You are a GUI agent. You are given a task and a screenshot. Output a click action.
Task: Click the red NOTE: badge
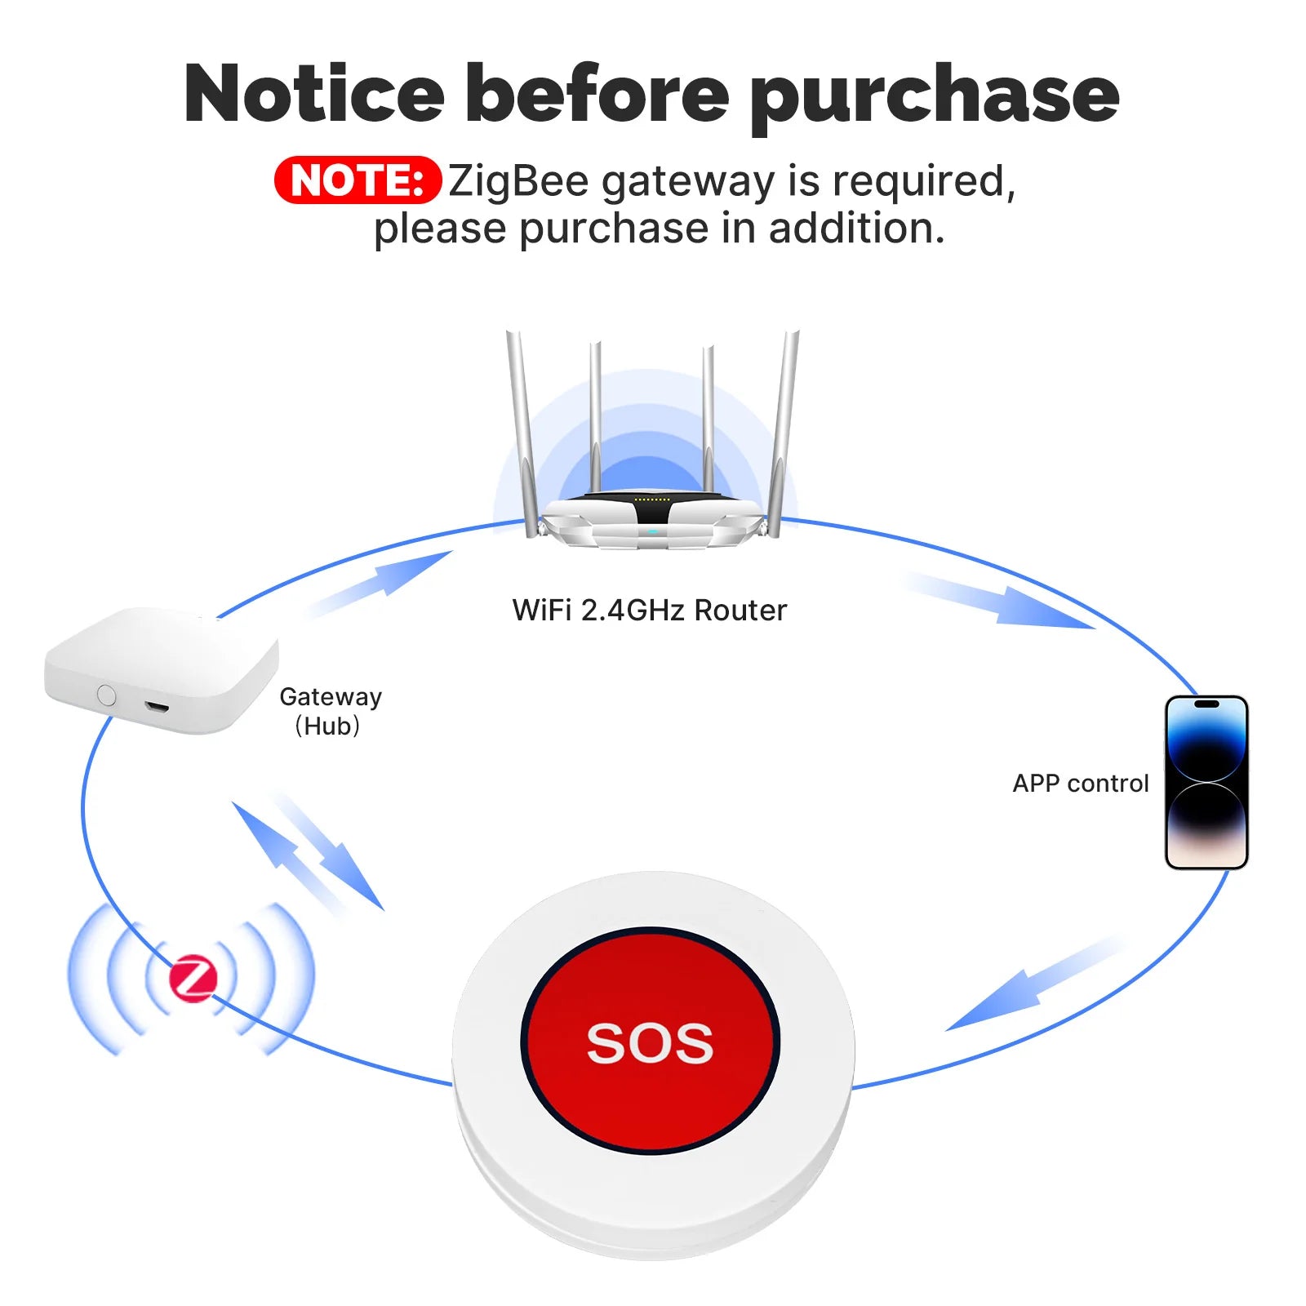tap(358, 180)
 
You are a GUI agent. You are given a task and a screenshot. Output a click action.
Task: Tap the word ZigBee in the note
tap(518, 180)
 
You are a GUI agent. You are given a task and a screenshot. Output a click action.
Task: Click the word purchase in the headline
tap(935, 96)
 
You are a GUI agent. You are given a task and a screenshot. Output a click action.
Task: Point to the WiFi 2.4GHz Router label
tap(650, 610)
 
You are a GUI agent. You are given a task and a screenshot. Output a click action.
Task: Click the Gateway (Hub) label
tap(330, 711)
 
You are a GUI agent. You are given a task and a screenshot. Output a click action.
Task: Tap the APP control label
tap(1081, 783)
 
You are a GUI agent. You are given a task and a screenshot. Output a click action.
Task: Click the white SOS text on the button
tap(650, 1042)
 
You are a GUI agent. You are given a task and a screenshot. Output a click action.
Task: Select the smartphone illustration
tap(1206, 782)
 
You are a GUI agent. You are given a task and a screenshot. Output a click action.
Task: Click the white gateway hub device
tap(162, 670)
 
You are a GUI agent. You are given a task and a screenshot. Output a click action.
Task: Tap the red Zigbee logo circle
tap(193, 978)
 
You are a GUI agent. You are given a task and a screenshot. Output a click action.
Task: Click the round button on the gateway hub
tap(106, 695)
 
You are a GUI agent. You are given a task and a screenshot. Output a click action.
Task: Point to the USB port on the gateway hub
tap(157, 706)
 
